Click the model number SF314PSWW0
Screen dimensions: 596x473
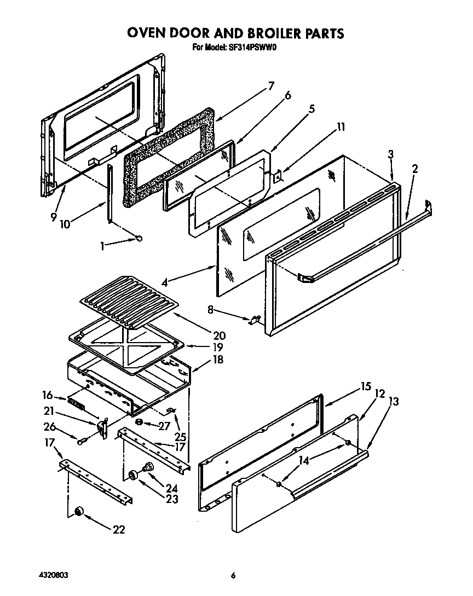click(x=252, y=47)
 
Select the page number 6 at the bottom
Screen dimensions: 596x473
click(x=233, y=575)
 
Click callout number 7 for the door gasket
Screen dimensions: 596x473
click(x=270, y=86)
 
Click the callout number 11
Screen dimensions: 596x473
click(x=341, y=127)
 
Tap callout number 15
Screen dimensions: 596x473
click(x=366, y=386)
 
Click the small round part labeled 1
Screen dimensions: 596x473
click(x=139, y=238)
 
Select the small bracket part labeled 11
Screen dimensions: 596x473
click(x=279, y=177)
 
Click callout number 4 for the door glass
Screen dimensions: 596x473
click(x=165, y=283)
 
